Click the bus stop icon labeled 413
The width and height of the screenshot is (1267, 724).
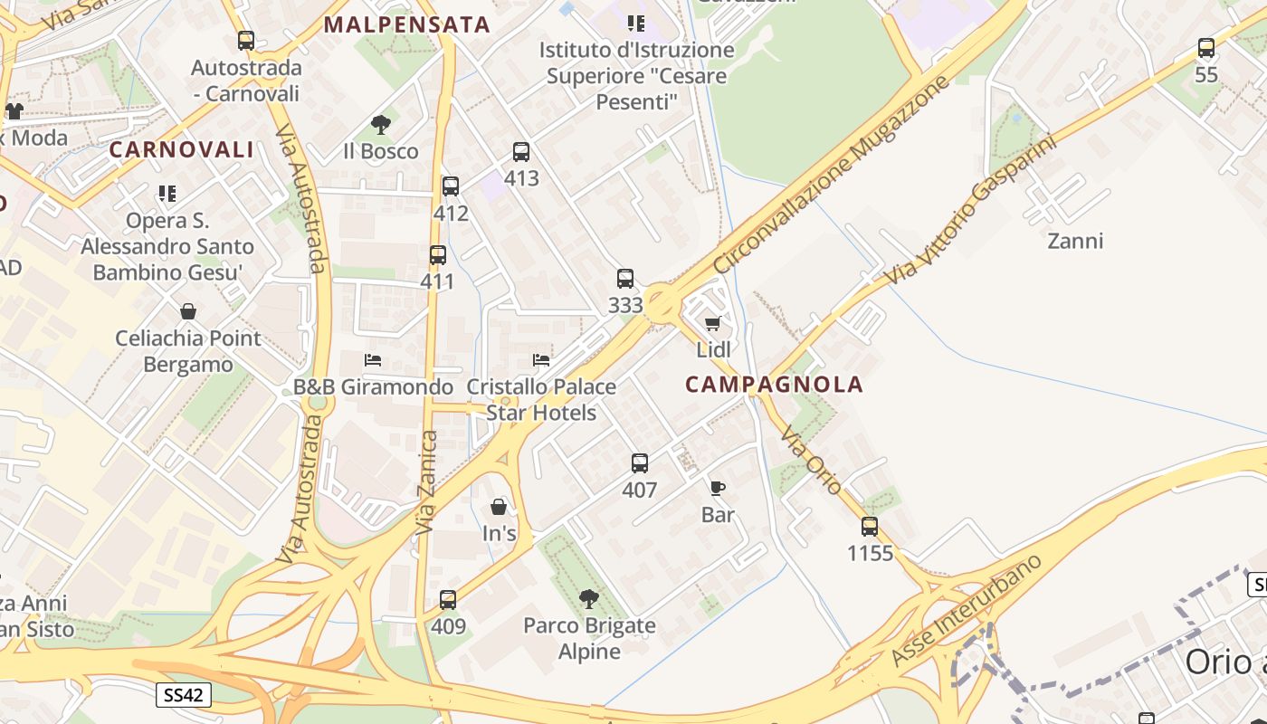521,152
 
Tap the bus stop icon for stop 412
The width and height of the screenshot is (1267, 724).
451,186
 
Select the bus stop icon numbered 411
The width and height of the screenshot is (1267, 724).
438,255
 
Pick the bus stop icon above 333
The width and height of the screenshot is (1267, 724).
625,279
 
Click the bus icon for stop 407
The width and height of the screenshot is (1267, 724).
640,463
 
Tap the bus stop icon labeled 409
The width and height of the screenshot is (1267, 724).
448,599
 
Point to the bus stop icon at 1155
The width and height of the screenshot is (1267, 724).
870,526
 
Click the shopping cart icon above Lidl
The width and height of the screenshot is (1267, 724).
713,323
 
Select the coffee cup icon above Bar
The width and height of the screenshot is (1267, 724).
718,489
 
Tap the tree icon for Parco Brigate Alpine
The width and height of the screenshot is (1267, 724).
589,598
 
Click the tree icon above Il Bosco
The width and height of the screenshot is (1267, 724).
381,125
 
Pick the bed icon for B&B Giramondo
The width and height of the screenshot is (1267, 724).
373,360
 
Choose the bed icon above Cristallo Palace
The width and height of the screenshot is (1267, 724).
541,360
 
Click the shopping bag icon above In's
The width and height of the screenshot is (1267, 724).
499,507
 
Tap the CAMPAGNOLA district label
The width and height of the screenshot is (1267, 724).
774,385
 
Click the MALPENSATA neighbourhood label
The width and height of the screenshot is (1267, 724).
407,24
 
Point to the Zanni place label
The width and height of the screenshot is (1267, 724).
1075,241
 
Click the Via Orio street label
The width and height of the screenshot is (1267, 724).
811,459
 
